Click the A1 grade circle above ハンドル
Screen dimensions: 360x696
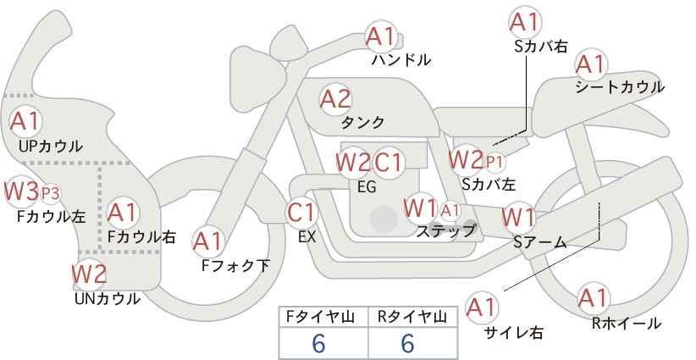point(382,36)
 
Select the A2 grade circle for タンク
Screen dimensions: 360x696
point(335,98)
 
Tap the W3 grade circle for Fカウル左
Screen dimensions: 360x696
point(22,192)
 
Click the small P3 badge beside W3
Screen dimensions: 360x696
point(51,193)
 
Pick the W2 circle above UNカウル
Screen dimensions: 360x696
point(89,274)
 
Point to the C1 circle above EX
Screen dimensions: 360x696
point(302,213)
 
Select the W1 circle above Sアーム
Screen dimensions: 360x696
point(517,218)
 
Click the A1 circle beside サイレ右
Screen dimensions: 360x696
point(483,307)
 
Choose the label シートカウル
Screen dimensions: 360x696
point(619,87)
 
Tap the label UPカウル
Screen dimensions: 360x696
point(51,147)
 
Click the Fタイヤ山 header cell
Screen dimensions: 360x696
point(323,317)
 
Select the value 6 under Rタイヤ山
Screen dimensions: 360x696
point(407,344)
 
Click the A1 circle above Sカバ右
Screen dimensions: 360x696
point(524,21)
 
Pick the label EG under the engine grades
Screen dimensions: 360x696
point(367,187)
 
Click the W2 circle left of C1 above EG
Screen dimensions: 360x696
point(352,162)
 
